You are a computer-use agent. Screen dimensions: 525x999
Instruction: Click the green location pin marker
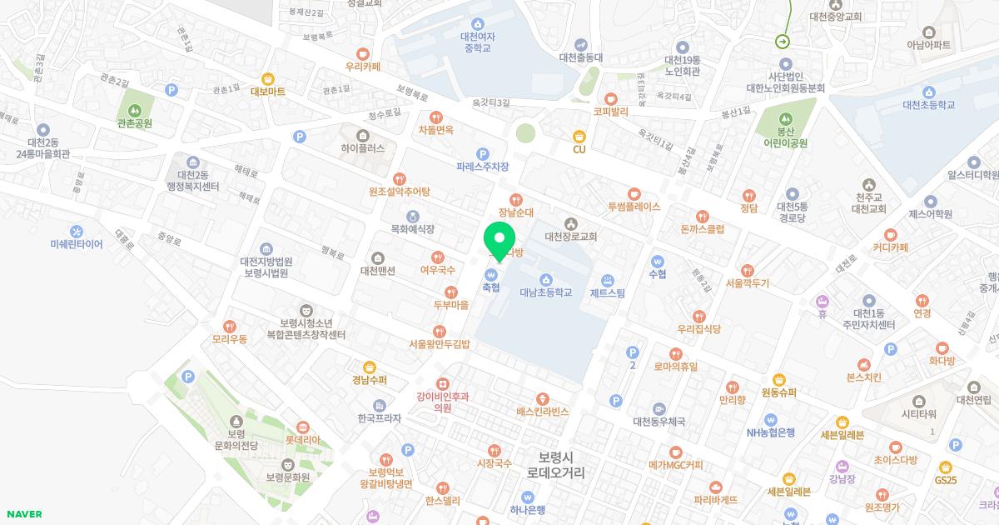[499, 242]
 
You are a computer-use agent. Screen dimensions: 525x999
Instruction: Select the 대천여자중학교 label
[478, 42]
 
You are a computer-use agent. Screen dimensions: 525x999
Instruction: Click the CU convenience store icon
[579, 136]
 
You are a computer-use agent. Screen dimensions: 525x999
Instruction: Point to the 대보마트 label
[268, 92]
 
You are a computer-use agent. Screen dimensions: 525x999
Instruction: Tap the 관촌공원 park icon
[135, 110]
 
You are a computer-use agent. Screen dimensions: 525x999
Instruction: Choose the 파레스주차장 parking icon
[482, 153]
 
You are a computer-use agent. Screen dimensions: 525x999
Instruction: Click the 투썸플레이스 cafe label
[634, 207]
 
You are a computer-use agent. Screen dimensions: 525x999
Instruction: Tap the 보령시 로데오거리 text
[556, 465]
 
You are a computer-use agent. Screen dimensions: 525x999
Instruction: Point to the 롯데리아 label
[303, 439]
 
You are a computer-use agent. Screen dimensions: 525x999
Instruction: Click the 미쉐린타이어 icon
[77, 231]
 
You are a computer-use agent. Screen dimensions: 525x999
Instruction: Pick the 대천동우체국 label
[659, 422]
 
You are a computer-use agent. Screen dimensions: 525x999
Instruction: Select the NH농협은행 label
[770, 432]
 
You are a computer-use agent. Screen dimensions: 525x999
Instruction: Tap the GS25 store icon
[945, 467]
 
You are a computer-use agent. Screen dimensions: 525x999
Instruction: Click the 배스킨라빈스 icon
[543, 398]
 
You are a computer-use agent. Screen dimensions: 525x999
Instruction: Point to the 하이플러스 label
[363, 148]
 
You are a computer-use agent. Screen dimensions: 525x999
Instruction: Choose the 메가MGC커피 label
[676, 465]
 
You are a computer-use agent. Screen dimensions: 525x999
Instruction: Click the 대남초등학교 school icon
[546, 279]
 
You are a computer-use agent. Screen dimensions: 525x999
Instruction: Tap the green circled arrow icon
[783, 41]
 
